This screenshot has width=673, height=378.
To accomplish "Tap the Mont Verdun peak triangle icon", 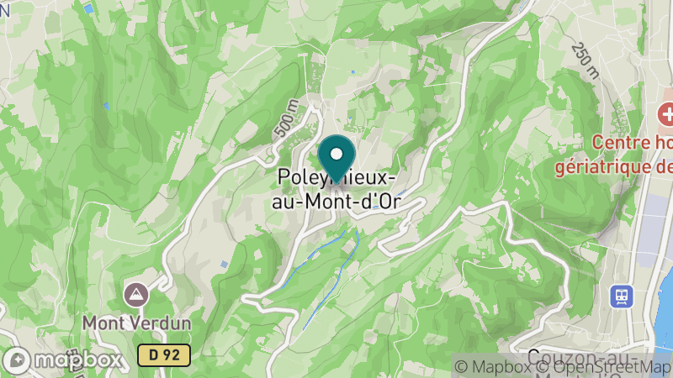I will click(135, 294).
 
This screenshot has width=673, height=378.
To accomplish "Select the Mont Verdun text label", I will click(137, 323).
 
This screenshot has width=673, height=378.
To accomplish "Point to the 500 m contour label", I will click(286, 119).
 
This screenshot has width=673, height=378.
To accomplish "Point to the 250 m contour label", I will click(584, 60).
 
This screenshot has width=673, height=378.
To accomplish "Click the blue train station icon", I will click(622, 296).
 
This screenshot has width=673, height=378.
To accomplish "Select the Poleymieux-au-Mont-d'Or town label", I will click(336, 190).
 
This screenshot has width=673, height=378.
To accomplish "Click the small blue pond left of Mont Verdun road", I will click(224, 265).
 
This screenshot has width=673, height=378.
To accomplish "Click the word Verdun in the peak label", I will click(161, 323).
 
